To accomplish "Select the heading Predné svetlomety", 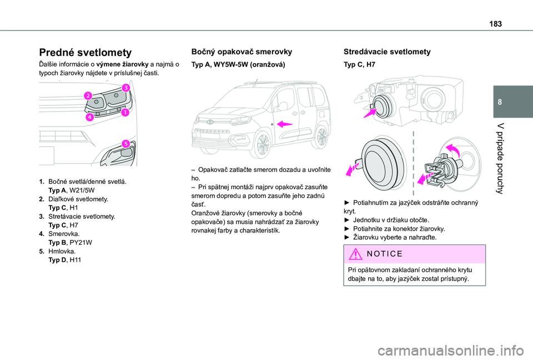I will [85, 53].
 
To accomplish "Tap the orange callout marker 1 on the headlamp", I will [125, 113].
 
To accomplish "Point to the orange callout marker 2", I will [87, 97].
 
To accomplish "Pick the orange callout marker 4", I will [89, 118].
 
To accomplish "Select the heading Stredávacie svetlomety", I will [387, 52].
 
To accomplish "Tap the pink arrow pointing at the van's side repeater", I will [285, 124].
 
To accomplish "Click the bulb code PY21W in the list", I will [81, 243].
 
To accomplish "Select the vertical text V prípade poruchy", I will [506, 157].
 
